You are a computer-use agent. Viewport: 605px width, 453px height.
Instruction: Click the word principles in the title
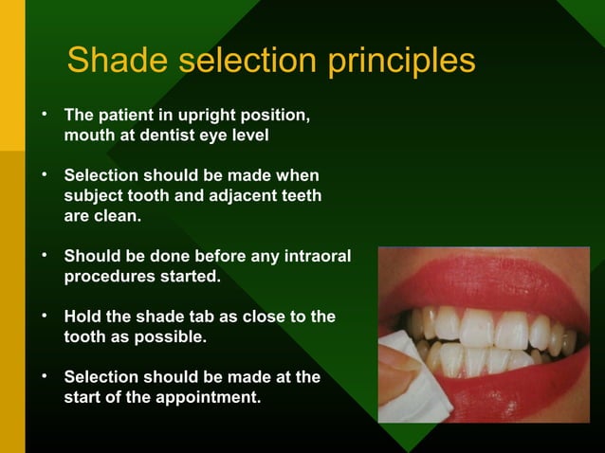coord(401,63)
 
